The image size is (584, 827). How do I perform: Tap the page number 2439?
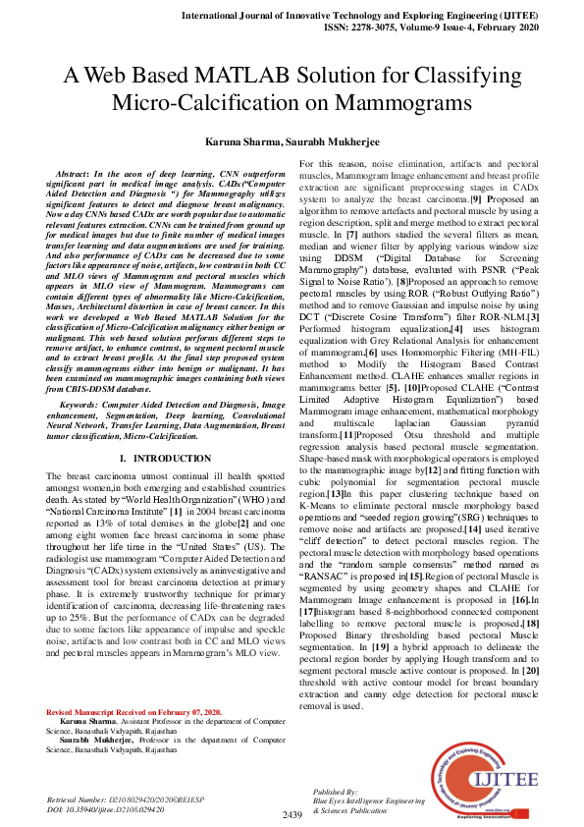tap(292, 814)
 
